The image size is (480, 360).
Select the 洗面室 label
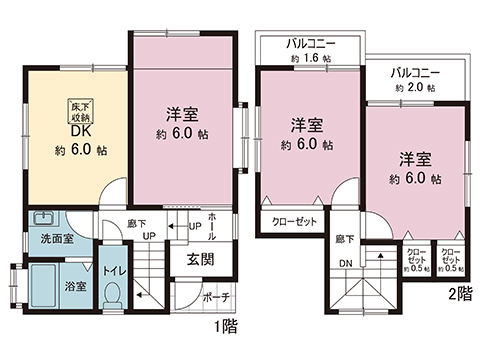(x=57, y=240)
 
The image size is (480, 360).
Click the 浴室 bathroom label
(x=75, y=286)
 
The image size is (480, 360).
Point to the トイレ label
(x=111, y=270)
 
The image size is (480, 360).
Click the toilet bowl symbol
(x=113, y=294)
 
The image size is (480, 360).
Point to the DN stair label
(x=346, y=263)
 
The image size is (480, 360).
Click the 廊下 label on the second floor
(x=345, y=238)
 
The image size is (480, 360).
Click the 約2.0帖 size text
(x=415, y=89)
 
